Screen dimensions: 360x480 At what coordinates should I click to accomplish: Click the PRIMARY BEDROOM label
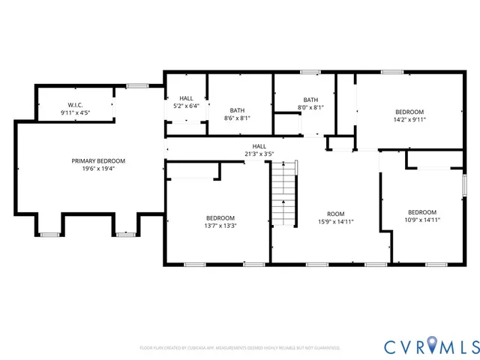click(x=98, y=160)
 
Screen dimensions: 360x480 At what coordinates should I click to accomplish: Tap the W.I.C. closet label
click(x=75, y=105)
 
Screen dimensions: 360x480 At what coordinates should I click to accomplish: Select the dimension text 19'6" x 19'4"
click(x=98, y=169)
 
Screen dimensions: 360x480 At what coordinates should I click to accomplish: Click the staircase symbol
click(x=284, y=196)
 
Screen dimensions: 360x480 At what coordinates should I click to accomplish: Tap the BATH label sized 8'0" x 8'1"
click(x=310, y=100)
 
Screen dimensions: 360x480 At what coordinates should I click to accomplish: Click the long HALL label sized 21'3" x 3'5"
click(x=259, y=146)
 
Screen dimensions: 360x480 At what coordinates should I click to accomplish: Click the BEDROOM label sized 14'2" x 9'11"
click(x=409, y=112)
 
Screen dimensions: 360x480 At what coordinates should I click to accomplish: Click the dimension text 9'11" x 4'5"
click(x=75, y=112)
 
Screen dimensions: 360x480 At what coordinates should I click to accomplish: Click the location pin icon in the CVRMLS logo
click(x=425, y=346)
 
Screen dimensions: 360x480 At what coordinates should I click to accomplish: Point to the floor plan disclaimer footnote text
click(x=240, y=348)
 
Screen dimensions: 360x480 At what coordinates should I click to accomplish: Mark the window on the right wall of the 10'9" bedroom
click(x=464, y=183)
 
